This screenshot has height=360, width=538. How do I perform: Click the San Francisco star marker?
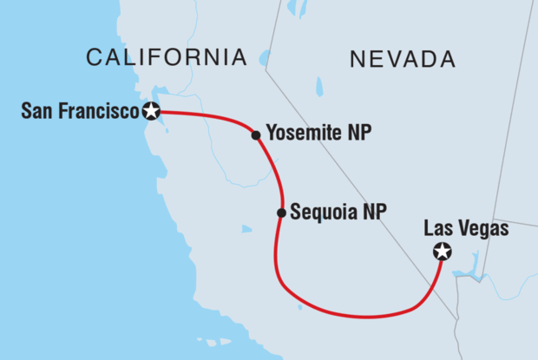(x=153, y=111)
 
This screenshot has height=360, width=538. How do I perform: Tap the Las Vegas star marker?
(x=443, y=252)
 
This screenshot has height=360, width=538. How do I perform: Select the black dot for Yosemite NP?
(x=256, y=135)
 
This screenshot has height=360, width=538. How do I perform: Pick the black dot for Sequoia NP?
(x=281, y=213)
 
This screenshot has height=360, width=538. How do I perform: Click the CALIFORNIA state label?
(x=166, y=58)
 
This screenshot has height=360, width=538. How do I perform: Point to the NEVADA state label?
(x=402, y=59)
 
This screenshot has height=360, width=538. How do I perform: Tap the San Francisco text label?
(x=81, y=111)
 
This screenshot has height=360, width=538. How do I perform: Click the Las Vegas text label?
(x=466, y=229)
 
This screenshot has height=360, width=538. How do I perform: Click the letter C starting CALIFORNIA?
(x=94, y=58)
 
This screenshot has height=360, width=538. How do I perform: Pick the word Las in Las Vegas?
(x=438, y=229)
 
